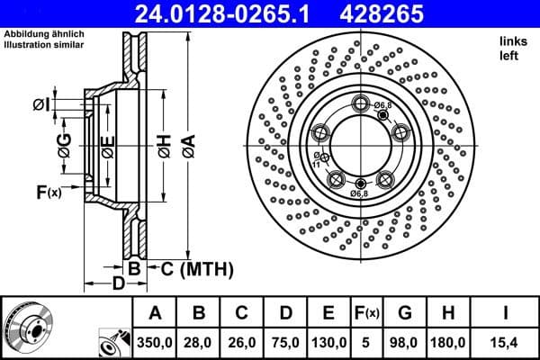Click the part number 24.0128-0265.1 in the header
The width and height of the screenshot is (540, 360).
[235, 13]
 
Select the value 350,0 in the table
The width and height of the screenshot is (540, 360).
[155, 341]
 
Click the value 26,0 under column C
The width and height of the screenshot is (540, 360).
[242, 341]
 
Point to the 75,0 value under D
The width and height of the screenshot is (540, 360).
[285, 341]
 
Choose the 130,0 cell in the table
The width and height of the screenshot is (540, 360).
[328, 341]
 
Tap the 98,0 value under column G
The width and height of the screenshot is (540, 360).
[405, 341]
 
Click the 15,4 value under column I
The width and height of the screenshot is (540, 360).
[506, 341]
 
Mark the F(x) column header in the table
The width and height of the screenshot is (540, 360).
[367, 313]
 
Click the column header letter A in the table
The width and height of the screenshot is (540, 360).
[155, 313]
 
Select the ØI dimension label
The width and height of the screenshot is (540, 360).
[40, 104]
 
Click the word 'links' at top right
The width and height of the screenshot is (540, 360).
[513, 41]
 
